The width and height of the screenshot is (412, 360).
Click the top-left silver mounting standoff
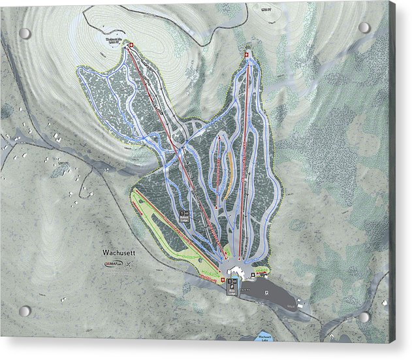click(25, 33)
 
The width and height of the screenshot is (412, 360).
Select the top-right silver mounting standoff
click(364, 28)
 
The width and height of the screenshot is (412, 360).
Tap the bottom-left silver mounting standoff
click(25, 311)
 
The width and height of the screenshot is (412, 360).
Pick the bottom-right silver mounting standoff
click(364, 318)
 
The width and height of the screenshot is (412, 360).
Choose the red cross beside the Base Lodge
click(225, 280)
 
